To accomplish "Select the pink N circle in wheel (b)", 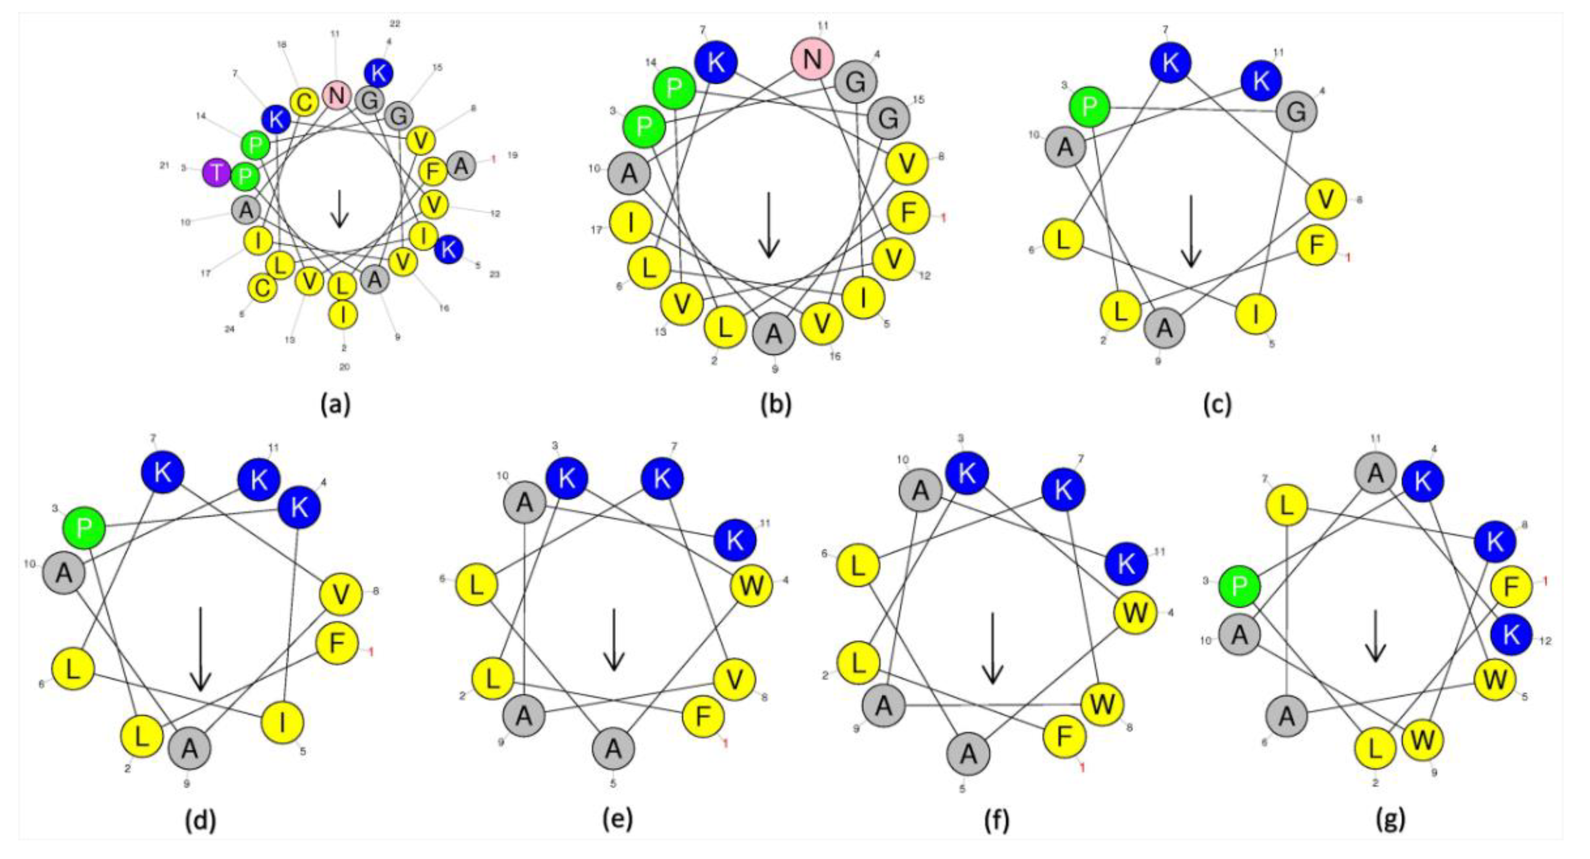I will (x=813, y=59).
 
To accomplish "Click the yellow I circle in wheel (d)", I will (x=283, y=723).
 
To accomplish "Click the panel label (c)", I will (x=1217, y=404).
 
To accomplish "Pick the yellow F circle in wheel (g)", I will (x=1512, y=587).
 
